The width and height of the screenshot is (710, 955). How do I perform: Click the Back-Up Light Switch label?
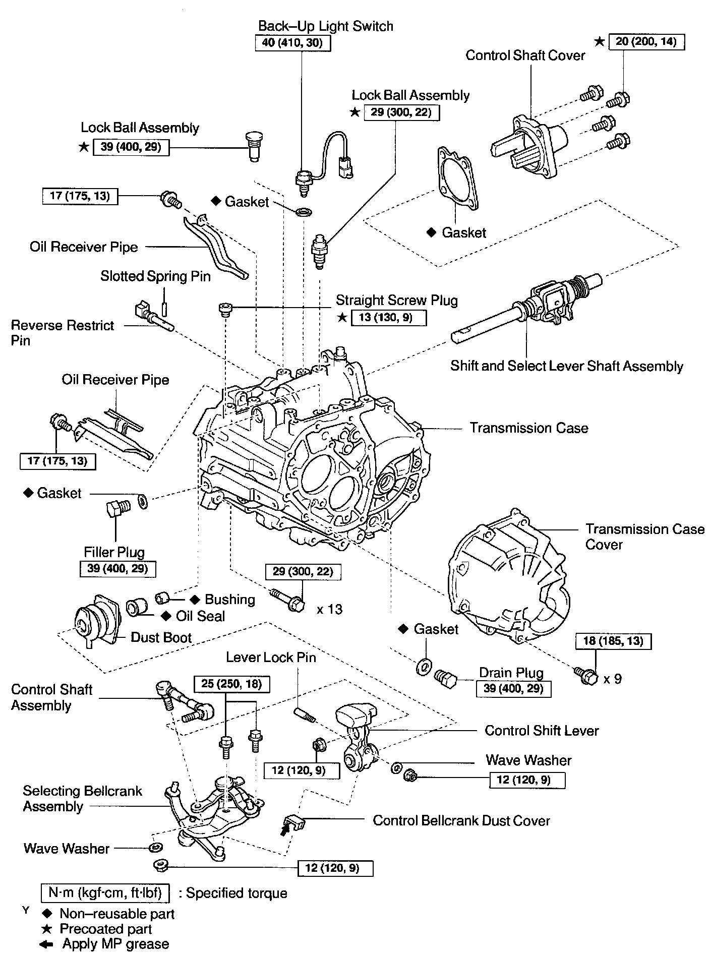click(325, 26)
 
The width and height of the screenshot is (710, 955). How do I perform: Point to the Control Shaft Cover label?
click(525, 55)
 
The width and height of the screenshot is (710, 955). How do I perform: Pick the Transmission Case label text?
click(529, 428)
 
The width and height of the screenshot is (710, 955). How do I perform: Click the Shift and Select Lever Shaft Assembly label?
click(566, 366)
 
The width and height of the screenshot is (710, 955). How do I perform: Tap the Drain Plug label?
click(511, 673)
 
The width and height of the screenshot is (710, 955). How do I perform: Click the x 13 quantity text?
click(329, 609)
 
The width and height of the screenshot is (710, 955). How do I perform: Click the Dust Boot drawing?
click(96, 622)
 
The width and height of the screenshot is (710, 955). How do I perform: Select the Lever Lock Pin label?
click(271, 657)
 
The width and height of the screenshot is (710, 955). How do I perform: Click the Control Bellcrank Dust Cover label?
click(461, 820)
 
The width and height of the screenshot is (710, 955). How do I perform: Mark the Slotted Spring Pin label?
click(155, 276)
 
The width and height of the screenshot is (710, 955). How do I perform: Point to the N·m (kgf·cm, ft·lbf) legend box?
click(105, 893)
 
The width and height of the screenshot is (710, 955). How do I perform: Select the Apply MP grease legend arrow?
click(47, 943)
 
